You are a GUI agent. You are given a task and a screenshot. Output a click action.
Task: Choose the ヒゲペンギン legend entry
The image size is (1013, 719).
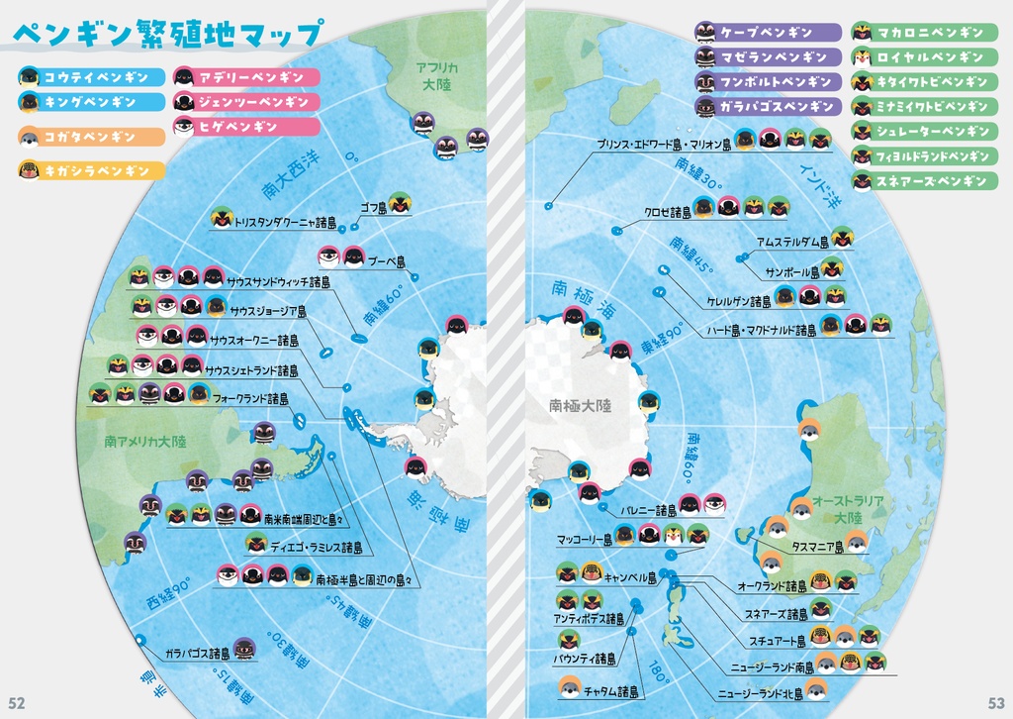[x=247, y=127]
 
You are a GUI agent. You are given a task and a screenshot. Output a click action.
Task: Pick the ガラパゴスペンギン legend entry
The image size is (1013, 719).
[x=768, y=106]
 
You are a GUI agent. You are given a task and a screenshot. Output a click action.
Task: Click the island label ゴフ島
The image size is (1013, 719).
[x=373, y=208]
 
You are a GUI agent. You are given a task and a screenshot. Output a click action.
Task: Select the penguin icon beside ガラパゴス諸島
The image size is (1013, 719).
[x=244, y=650]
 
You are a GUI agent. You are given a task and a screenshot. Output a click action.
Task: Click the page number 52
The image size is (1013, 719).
[x=17, y=702]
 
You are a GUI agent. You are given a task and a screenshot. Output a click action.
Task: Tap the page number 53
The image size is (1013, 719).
[x=996, y=702]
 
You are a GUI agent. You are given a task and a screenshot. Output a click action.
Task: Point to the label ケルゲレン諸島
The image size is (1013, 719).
[x=738, y=301]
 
